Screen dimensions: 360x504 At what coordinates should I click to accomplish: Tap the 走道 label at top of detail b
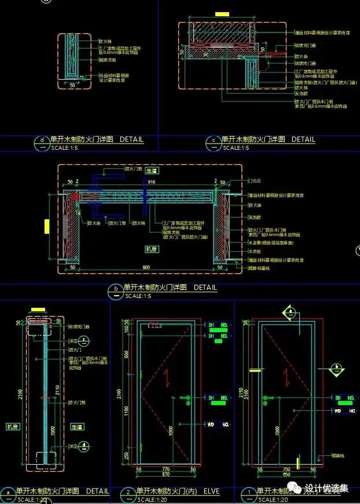click(152, 171)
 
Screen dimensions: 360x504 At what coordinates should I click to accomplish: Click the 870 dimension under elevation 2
click(166, 474)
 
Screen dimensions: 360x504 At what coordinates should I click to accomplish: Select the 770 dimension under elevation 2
click(166, 469)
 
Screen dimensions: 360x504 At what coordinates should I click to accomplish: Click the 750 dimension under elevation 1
click(285, 469)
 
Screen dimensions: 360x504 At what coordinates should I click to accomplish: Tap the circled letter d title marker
click(41, 140)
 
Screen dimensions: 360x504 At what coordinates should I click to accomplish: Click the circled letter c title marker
click(214, 140)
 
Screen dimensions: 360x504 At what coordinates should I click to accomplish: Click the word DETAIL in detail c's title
click(303, 139)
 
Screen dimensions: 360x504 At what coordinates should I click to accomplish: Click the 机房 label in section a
click(13, 426)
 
